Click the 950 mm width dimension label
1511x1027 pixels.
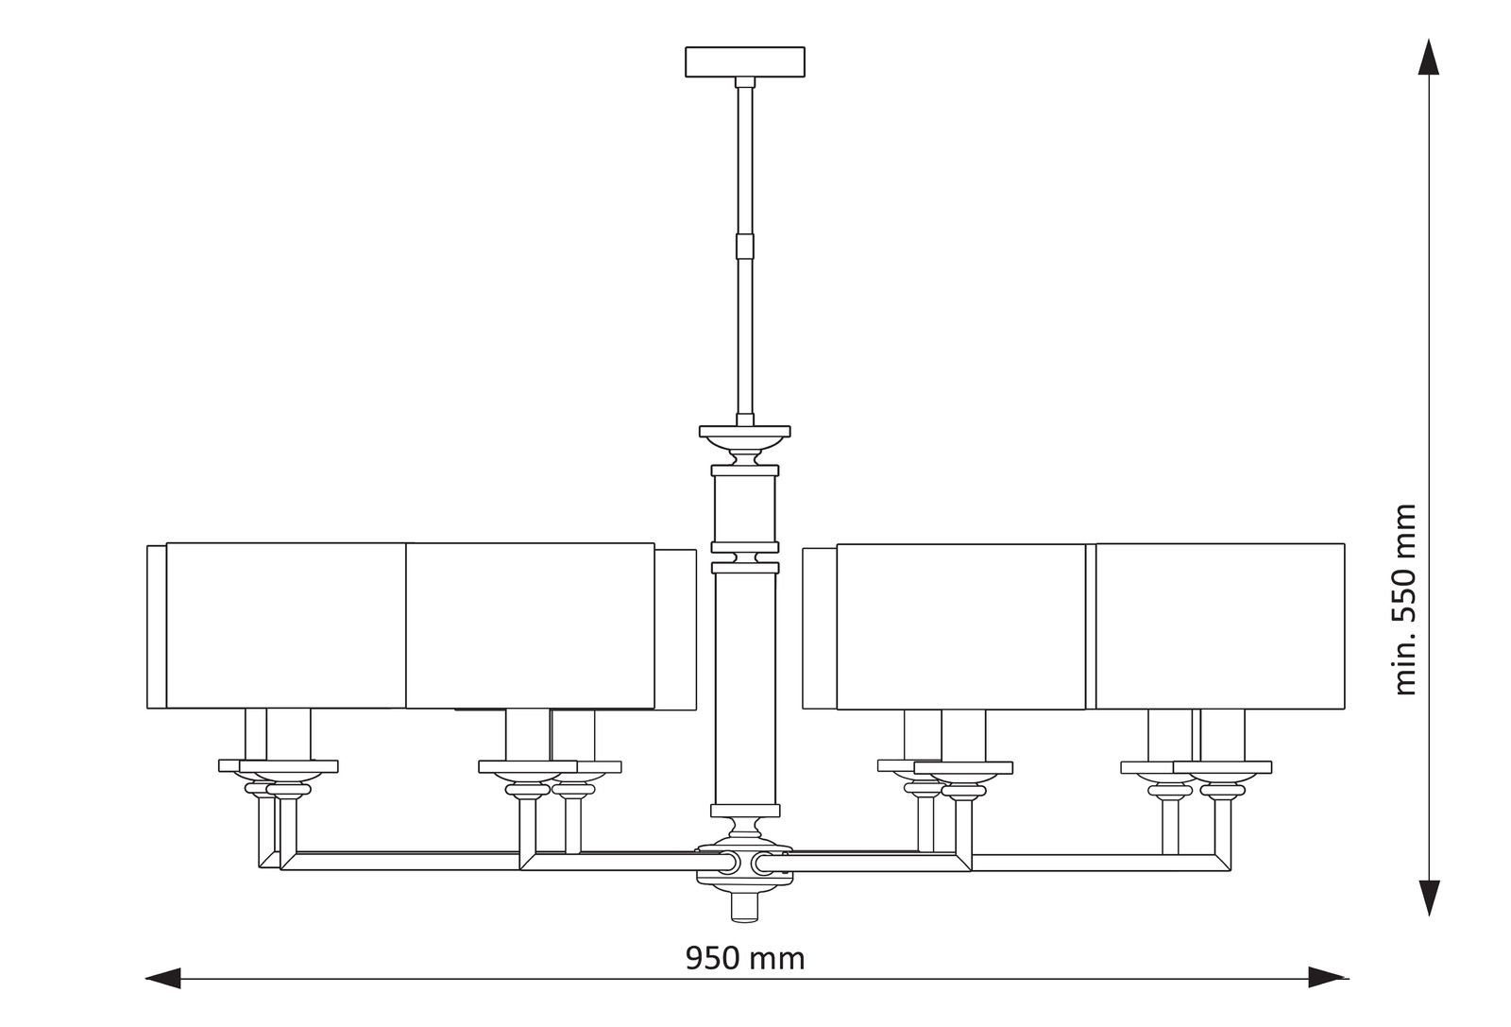point(745,958)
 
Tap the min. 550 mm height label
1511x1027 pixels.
point(1406,599)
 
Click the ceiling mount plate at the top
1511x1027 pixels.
point(745,61)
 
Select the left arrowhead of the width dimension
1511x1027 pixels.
point(162,978)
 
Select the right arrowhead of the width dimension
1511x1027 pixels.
point(1326,978)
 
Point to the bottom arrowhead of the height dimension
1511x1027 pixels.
point(1430,896)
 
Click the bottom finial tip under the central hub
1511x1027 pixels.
point(745,907)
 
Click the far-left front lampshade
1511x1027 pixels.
point(286,625)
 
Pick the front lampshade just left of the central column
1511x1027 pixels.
point(530,625)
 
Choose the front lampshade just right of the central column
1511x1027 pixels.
point(960,625)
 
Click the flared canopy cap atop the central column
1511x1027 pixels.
point(745,435)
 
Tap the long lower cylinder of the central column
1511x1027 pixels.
point(745,685)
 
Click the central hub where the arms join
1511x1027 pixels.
point(745,862)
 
